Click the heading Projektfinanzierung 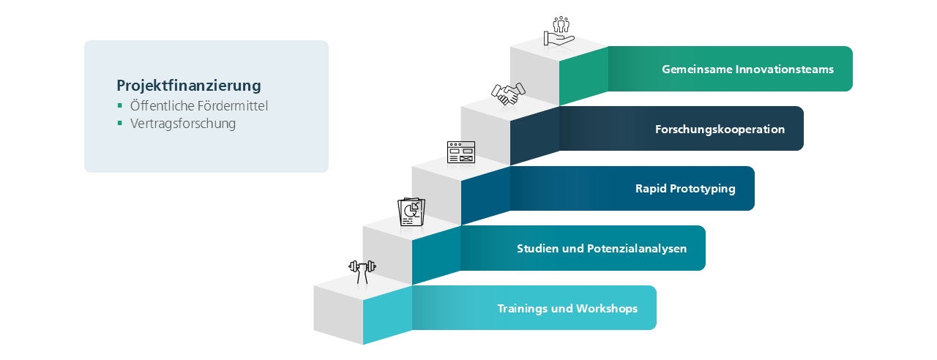click(189, 86)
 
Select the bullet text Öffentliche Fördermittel click(199, 105)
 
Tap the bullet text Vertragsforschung click(183, 124)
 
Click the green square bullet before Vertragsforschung click(120, 123)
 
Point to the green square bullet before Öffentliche click(120, 105)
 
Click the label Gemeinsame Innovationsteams click(747, 70)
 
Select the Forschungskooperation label click(720, 130)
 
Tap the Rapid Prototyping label click(685, 189)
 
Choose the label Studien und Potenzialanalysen click(602, 248)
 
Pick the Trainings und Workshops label click(567, 308)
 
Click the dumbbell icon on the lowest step click(362, 271)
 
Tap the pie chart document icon click(411, 211)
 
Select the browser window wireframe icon click(461, 152)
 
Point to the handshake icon click(509, 93)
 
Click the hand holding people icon click(559, 31)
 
